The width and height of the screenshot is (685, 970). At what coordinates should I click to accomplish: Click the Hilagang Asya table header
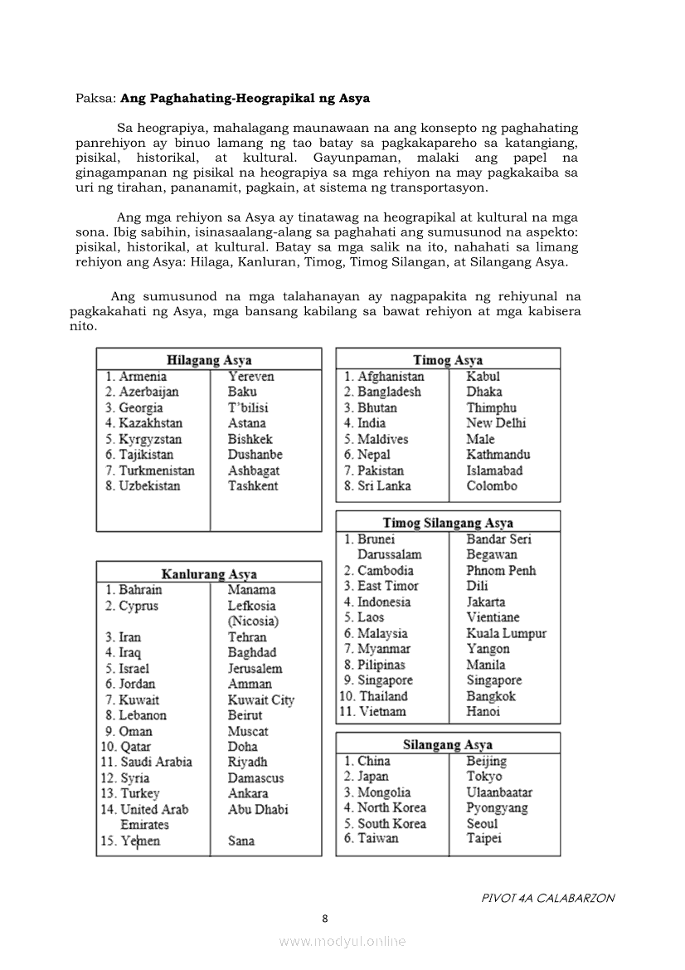[209, 360]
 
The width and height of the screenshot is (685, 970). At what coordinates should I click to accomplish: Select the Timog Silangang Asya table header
[448, 523]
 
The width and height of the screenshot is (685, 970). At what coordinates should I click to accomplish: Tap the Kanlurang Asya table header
[209, 574]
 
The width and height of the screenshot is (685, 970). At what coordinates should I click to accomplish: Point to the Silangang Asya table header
[448, 744]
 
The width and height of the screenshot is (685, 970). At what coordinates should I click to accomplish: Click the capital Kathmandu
[498, 455]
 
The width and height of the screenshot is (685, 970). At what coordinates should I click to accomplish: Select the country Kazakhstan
[150, 423]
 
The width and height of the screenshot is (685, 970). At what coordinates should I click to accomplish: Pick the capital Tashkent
[253, 486]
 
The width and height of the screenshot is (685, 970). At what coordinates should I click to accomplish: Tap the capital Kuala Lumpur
[506, 633]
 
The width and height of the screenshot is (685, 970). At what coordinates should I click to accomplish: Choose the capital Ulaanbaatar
[499, 792]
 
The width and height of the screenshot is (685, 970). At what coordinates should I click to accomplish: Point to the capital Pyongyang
[497, 808]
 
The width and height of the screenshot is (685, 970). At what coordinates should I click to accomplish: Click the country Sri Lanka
[384, 486]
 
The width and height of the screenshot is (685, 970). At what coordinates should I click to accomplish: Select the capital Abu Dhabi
[258, 809]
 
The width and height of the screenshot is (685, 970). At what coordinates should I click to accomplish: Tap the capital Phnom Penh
[501, 571]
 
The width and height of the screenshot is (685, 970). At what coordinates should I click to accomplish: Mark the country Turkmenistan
[156, 470]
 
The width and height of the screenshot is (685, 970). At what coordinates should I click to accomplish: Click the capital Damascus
[255, 777]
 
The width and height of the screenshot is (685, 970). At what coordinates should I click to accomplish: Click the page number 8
[325, 918]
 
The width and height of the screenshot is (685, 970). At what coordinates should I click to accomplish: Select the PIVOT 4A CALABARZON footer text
[547, 898]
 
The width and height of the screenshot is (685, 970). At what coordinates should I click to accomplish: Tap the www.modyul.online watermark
[342, 941]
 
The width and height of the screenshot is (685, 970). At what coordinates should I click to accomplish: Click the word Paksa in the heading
[95, 98]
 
